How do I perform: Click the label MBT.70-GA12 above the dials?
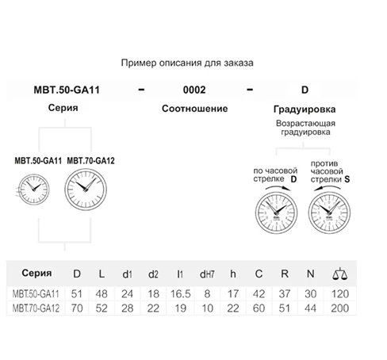tap(91, 160)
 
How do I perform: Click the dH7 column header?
tap(206, 275)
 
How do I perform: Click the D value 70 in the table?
tap(77, 307)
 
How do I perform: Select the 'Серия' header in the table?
tap(35, 274)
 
